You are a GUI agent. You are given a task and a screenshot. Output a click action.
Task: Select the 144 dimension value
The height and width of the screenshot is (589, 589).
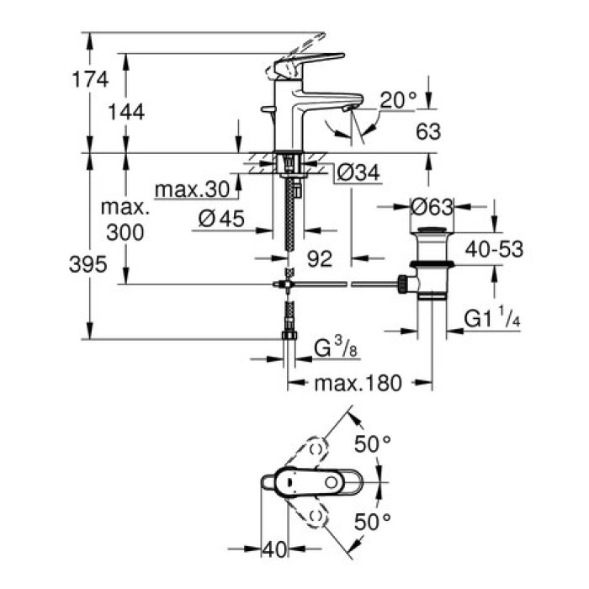point(126,111)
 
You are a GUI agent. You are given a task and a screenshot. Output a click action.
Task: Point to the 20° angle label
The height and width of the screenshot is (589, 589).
point(397,100)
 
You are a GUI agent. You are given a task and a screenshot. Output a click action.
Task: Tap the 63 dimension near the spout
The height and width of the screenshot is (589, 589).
point(428,131)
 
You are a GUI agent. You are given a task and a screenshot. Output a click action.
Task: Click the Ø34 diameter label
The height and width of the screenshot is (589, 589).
point(359,173)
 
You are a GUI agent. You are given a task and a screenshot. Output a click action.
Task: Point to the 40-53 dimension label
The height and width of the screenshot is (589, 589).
point(496,249)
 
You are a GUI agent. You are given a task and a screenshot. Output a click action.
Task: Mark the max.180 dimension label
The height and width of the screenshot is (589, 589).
point(359,384)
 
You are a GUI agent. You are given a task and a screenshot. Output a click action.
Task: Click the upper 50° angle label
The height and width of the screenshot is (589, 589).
point(374,443)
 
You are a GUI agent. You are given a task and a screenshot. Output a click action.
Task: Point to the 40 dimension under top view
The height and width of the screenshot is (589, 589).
point(273,549)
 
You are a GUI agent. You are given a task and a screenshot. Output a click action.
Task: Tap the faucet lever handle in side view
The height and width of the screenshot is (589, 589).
point(307,62)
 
